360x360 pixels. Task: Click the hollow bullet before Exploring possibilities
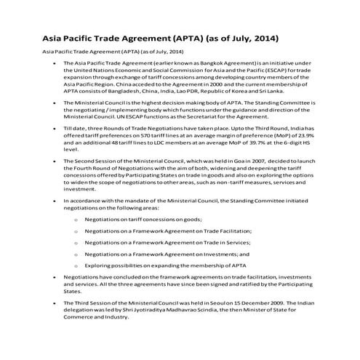tap(76, 267)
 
